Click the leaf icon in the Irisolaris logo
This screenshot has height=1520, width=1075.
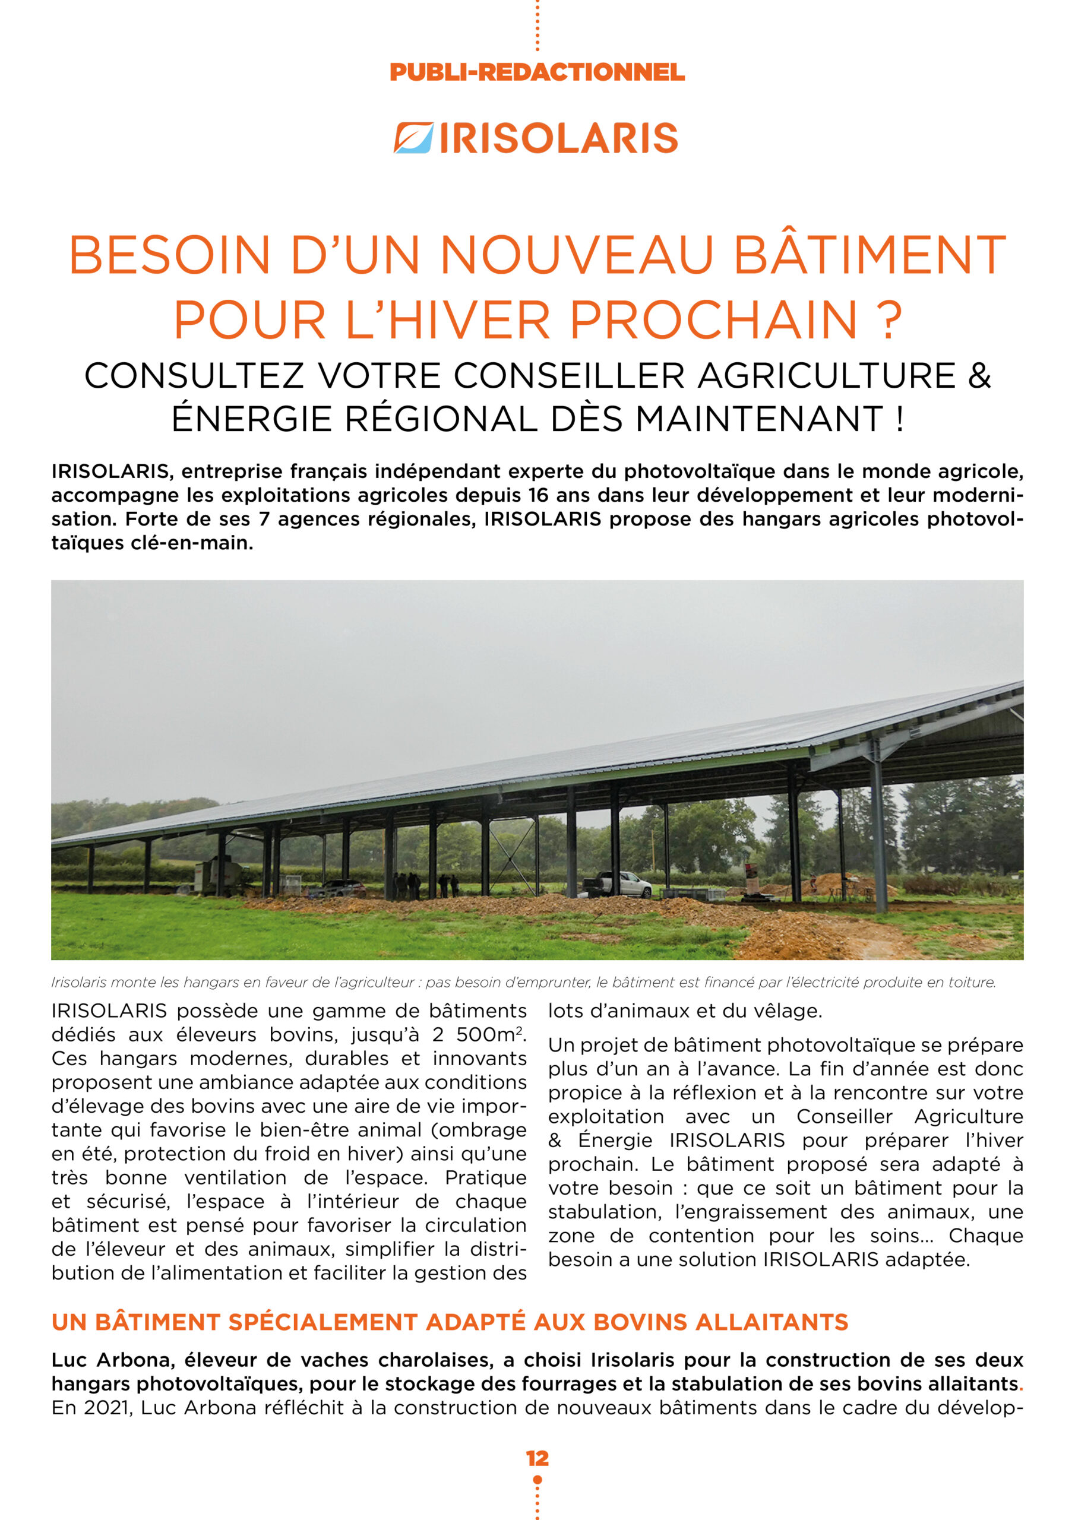pyautogui.click(x=413, y=138)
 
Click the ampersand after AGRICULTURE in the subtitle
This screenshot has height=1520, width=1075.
pyautogui.click(x=979, y=376)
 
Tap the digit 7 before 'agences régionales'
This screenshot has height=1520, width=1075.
pyautogui.click(x=264, y=519)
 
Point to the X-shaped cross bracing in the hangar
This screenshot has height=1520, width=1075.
pyautogui.click(x=511, y=854)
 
